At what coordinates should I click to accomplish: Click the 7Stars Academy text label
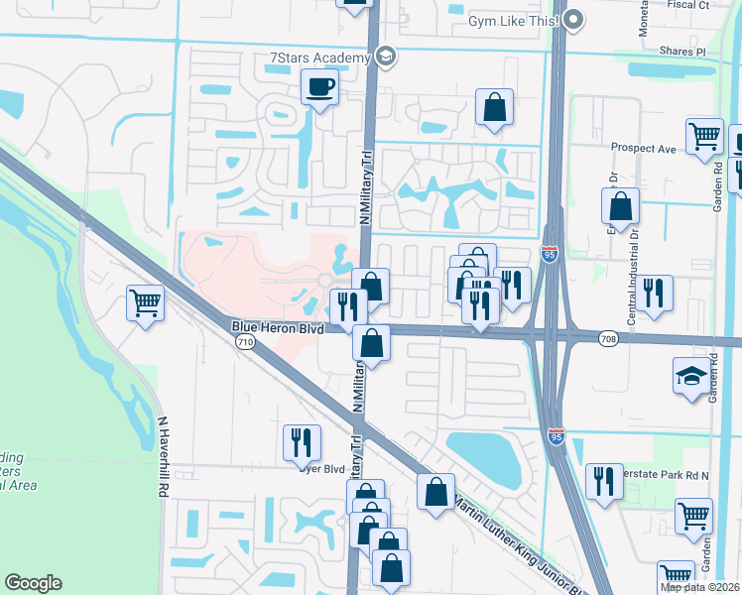click(318, 59)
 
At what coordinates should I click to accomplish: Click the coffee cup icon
click(319, 87)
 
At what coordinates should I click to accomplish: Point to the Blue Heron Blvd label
click(279, 326)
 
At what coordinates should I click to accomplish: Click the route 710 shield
click(244, 342)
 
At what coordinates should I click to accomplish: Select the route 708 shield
click(609, 339)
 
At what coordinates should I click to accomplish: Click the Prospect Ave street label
click(643, 149)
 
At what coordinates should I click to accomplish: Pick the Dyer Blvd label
click(320, 469)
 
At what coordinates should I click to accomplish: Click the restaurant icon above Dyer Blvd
click(301, 442)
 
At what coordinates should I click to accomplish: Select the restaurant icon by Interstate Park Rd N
click(603, 481)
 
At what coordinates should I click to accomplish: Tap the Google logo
click(33, 583)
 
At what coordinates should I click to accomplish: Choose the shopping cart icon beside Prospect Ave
click(704, 137)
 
